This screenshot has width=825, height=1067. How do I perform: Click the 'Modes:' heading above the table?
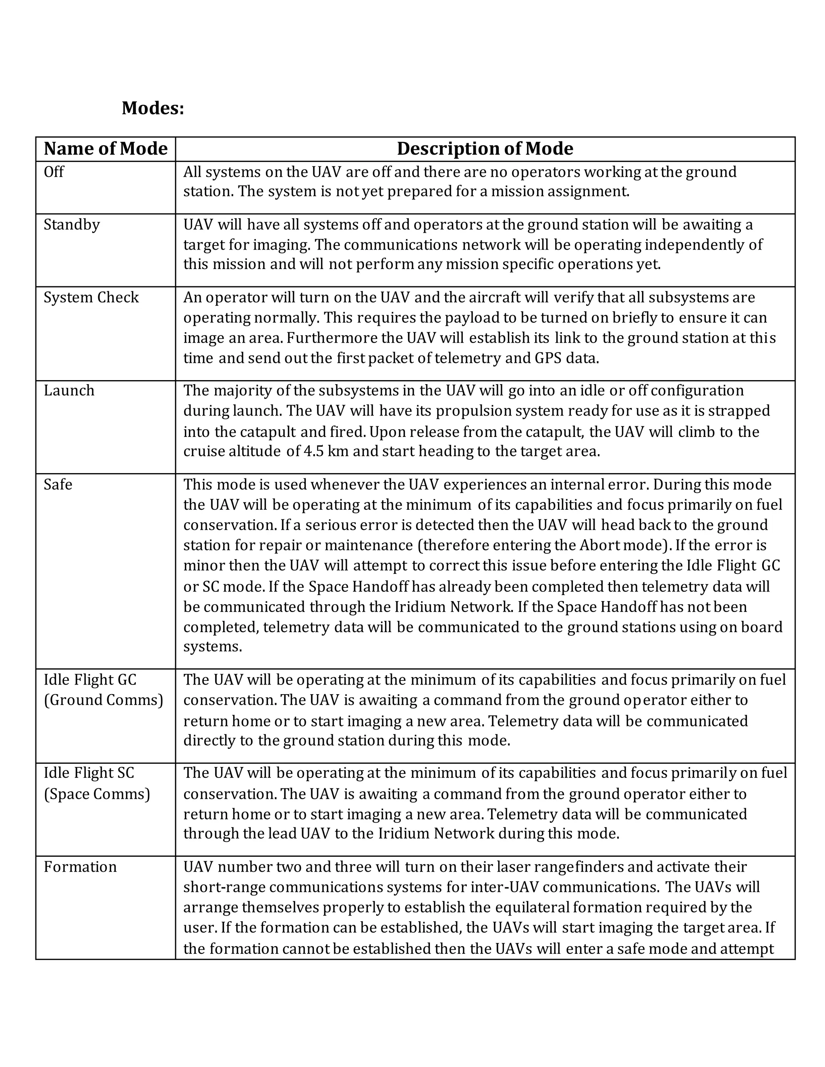point(153,108)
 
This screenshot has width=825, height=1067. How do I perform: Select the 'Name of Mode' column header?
point(105,149)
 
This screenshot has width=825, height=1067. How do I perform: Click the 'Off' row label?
point(54,172)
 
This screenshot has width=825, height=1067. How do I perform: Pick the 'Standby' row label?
point(71,225)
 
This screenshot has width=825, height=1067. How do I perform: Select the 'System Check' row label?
point(91,298)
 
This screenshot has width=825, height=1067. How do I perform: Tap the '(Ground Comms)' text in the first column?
point(103,700)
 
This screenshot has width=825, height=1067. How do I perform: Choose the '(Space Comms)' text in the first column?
point(97,794)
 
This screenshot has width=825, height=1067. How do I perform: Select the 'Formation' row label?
point(80,867)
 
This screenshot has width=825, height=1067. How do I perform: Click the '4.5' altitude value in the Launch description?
point(313,451)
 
